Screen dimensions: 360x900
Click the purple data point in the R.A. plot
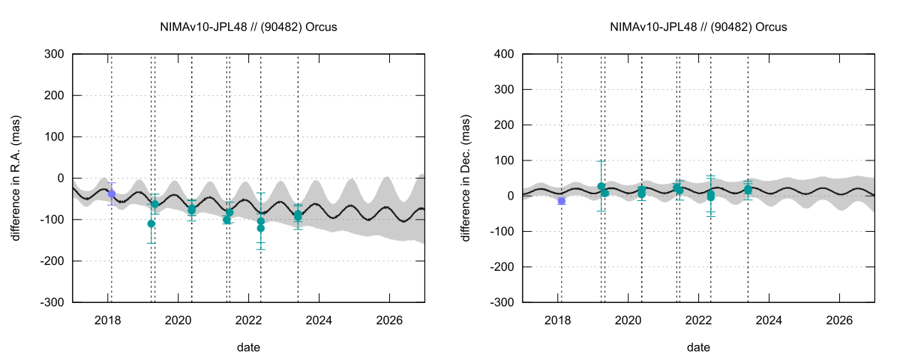pyautogui.click(x=112, y=193)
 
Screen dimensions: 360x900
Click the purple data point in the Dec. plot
pyautogui.click(x=562, y=201)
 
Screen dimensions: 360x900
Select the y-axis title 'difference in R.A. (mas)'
pyautogui.click(x=16, y=178)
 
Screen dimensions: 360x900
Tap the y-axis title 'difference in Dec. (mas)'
pyautogui.click(x=466, y=178)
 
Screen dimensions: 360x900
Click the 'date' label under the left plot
pyautogui.click(x=248, y=347)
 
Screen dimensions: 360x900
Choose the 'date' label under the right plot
pyautogui.click(x=698, y=347)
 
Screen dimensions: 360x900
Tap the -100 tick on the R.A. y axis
pyautogui.click(x=54, y=220)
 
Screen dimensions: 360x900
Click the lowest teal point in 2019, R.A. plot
pyautogui.click(x=151, y=223)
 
